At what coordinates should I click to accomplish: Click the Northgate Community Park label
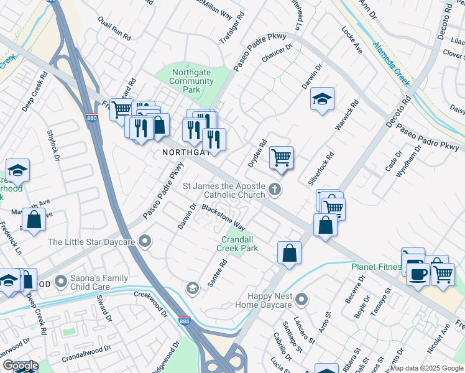coord(193,81)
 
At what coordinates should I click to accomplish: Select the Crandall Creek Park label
coord(237,243)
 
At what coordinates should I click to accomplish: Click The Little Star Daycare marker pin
coord(145,241)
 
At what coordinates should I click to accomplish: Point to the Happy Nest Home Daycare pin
coord(302,300)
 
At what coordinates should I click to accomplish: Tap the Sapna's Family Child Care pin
coord(60,282)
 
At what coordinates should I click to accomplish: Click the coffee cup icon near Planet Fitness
coord(417,273)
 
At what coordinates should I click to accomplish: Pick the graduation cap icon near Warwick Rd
coord(322,99)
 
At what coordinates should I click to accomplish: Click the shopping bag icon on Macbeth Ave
coord(34,219)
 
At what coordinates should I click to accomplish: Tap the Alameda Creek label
coord(392,63)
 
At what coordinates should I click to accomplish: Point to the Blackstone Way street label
coord(223,216)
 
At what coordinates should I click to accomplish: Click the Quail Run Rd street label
coord(114,29)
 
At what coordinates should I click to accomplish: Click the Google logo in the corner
coord(21,366)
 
